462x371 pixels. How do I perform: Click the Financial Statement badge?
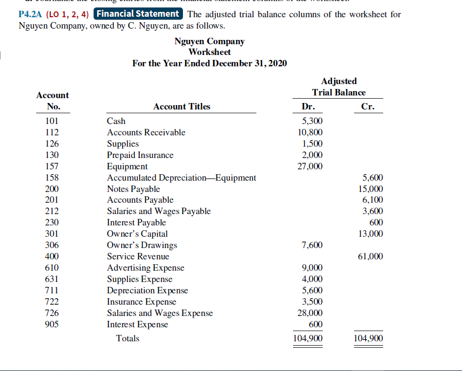tap(139, 14)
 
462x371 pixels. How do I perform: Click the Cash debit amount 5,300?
tap(312, 121)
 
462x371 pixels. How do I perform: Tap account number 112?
tap(52, 133)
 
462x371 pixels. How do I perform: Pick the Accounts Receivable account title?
tap(146, 133)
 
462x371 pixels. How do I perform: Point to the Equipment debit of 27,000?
tap(310, 166)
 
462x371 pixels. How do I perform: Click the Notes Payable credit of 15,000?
tap(371, 189)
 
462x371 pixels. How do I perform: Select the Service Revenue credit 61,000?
tap(371, 257)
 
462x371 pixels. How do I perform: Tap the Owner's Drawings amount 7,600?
tap(312, 245)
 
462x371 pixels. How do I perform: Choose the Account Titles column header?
tap(182, 107)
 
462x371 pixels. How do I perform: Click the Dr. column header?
tap(308, 107)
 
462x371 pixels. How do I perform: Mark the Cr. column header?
tap(368, 107)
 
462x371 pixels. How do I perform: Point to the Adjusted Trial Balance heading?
tap(338, 87)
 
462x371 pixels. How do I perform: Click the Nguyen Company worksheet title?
tap(209, 42)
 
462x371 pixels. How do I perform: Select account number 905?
tap(52, 324)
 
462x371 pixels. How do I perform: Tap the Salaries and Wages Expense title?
tap(160, 313)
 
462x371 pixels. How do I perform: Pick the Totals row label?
tap(128, 339)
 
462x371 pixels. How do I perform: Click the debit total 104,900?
tap(308, 339)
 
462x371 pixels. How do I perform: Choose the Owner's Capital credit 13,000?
tap(371, 234)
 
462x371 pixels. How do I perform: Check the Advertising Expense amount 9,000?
tap(312, 268)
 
